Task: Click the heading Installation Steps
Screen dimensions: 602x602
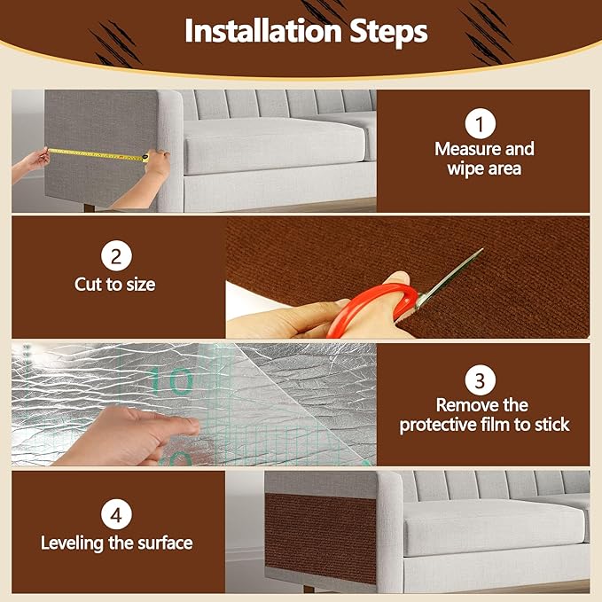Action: [306, 32]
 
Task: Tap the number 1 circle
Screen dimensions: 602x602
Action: [480, 122]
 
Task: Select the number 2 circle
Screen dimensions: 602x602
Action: [116, 258]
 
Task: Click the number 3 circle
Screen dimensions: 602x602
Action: [480, 381]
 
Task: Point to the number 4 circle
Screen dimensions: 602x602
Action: [116, 513]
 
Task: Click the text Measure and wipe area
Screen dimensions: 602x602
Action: [484, 158]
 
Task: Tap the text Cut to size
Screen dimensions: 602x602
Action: [115, 285]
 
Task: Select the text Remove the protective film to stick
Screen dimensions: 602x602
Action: [484, 415]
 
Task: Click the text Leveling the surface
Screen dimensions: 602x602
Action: [116, 542]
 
